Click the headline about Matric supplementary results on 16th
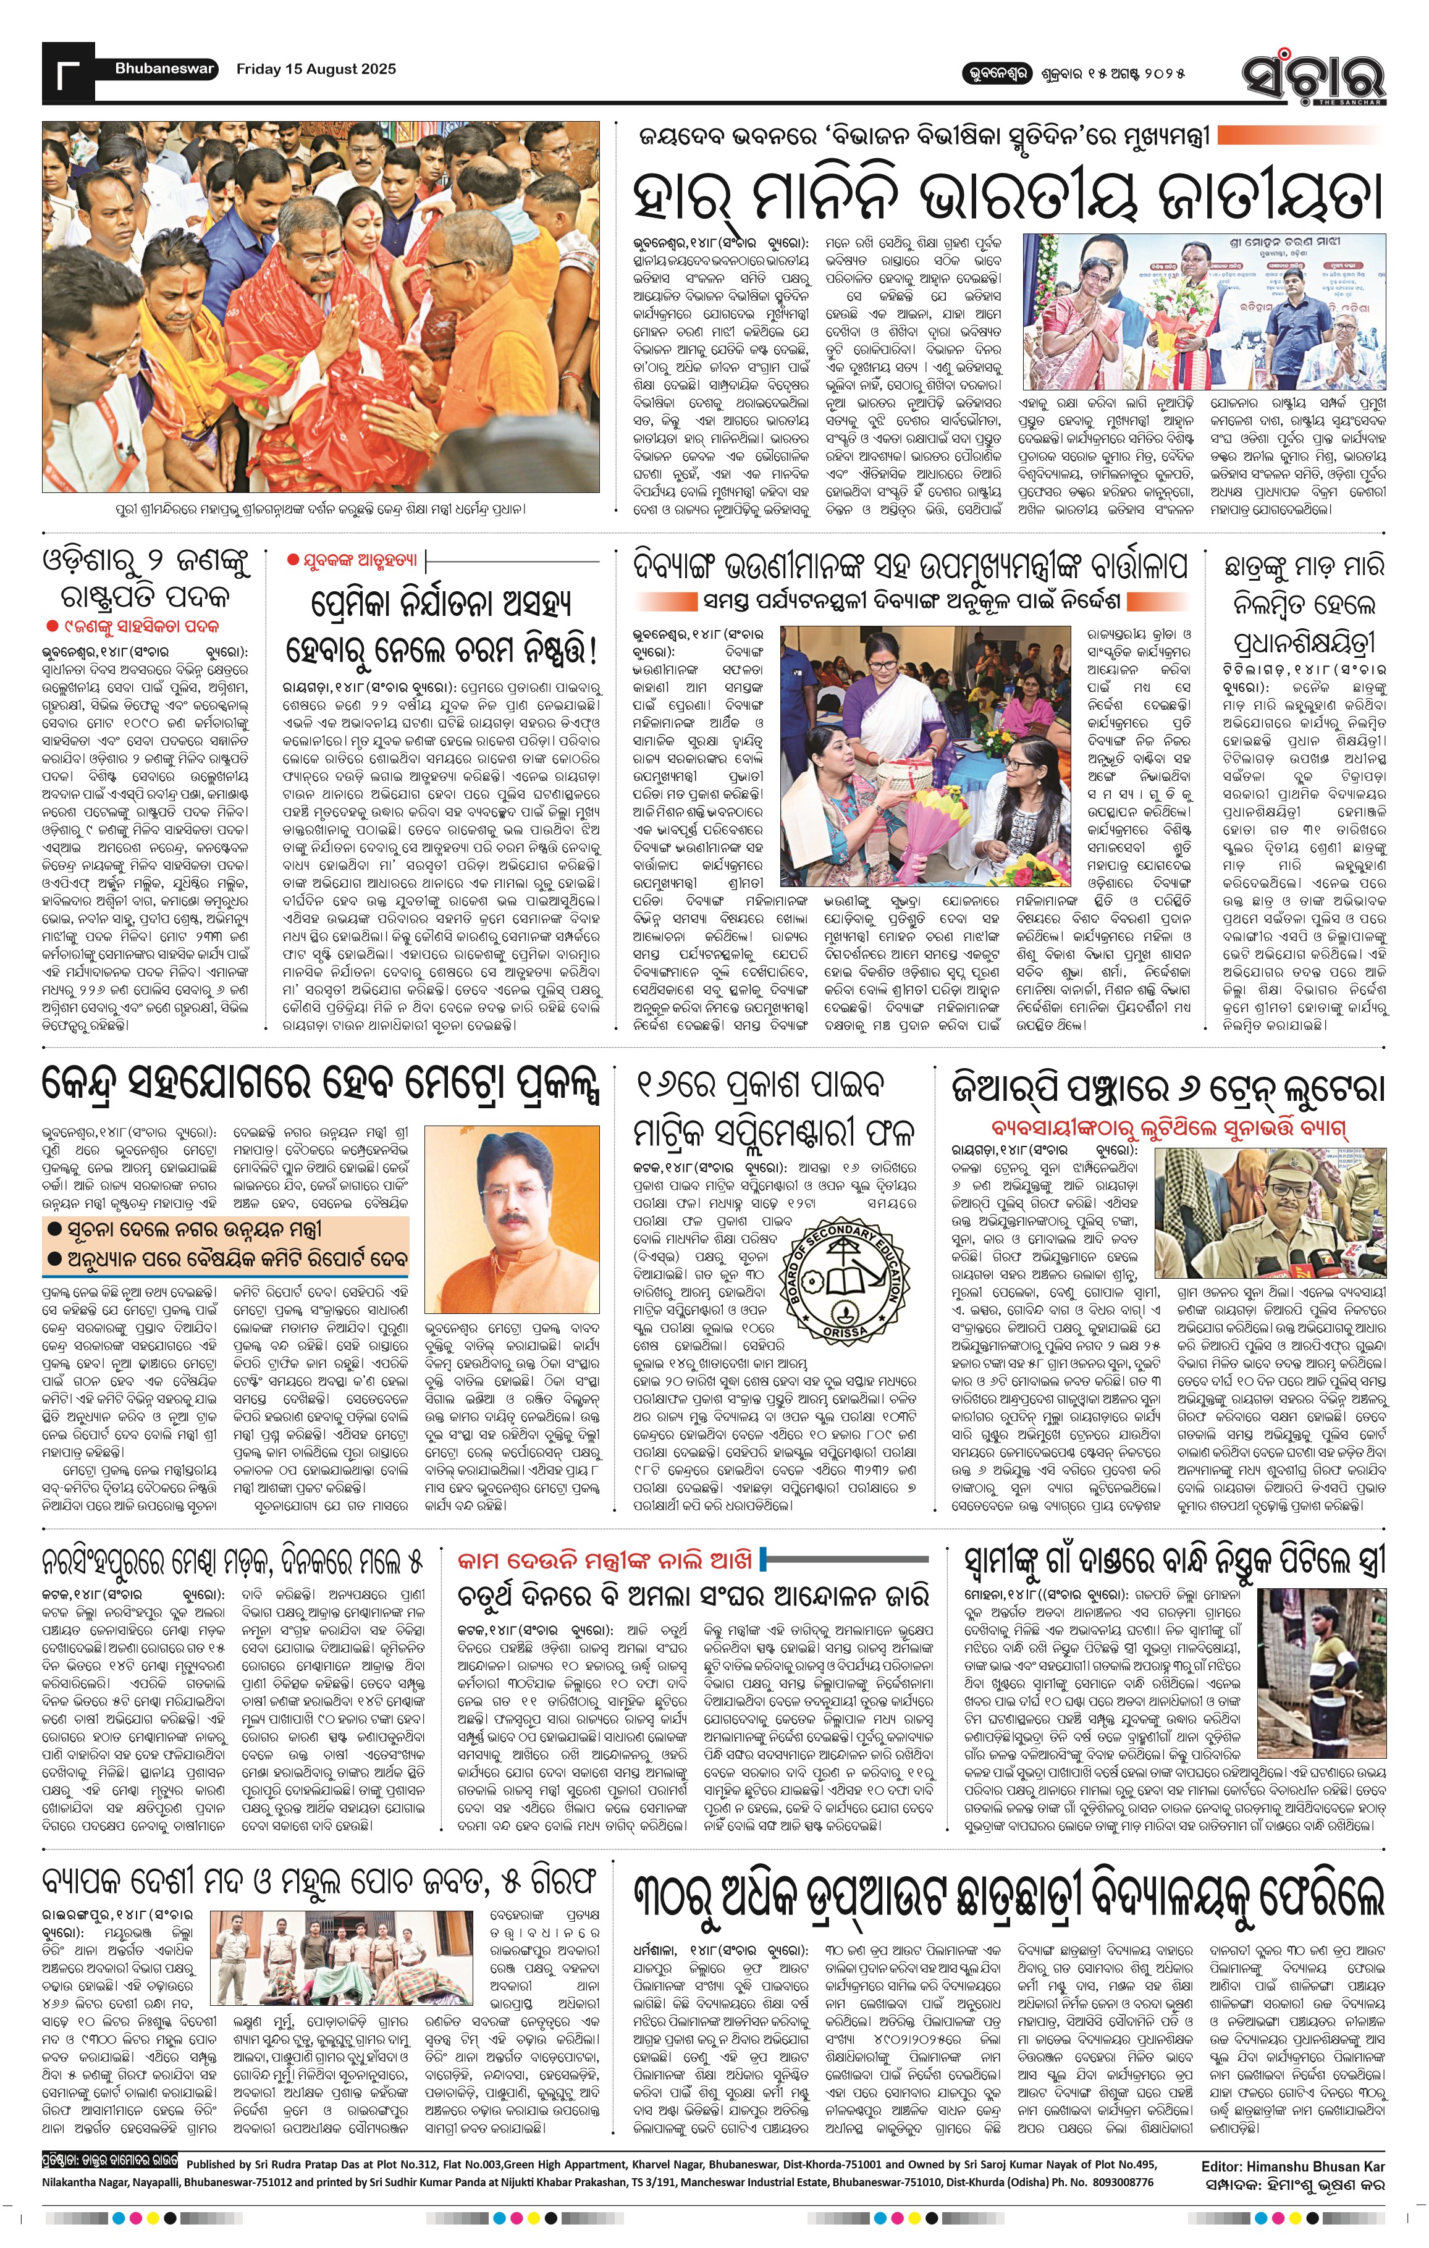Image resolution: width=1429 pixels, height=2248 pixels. pos(775,1109)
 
